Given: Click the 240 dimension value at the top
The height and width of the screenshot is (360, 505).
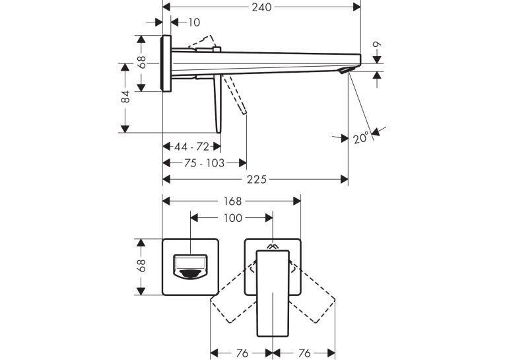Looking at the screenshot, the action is coord(261,7).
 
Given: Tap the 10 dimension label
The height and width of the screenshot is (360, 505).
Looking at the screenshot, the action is coord(194,22).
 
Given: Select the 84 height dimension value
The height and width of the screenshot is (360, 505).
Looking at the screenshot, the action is coord(125,96).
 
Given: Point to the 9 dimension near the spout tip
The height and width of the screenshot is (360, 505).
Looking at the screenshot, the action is coord(377,44).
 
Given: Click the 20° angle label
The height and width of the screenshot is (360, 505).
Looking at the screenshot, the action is coord(360,138).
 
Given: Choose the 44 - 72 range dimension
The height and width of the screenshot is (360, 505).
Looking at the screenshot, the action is coord(191,147).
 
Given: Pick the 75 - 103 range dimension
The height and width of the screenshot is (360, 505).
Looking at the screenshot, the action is coord(204,163).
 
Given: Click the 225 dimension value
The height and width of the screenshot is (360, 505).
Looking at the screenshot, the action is coord(257,180).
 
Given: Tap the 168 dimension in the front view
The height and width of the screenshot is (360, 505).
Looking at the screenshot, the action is coord(232,201).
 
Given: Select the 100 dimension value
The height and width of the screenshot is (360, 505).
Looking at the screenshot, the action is coord(232,218).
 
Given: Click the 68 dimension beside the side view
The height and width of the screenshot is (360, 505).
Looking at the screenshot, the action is coord(141,62).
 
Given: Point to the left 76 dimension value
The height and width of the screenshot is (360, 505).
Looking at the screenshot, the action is coord(242,353).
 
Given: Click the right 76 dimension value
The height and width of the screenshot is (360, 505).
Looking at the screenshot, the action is coord(304,353).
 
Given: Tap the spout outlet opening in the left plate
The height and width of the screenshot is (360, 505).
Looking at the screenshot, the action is coord(191,266).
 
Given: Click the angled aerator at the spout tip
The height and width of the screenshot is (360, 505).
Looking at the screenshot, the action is coord(347,70).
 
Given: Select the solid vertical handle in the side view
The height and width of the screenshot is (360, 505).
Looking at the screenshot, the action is coord(219,104).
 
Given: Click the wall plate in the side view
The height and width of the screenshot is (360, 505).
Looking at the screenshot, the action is coord(166,63).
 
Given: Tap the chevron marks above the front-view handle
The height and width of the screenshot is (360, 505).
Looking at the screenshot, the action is coord(273,247).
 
